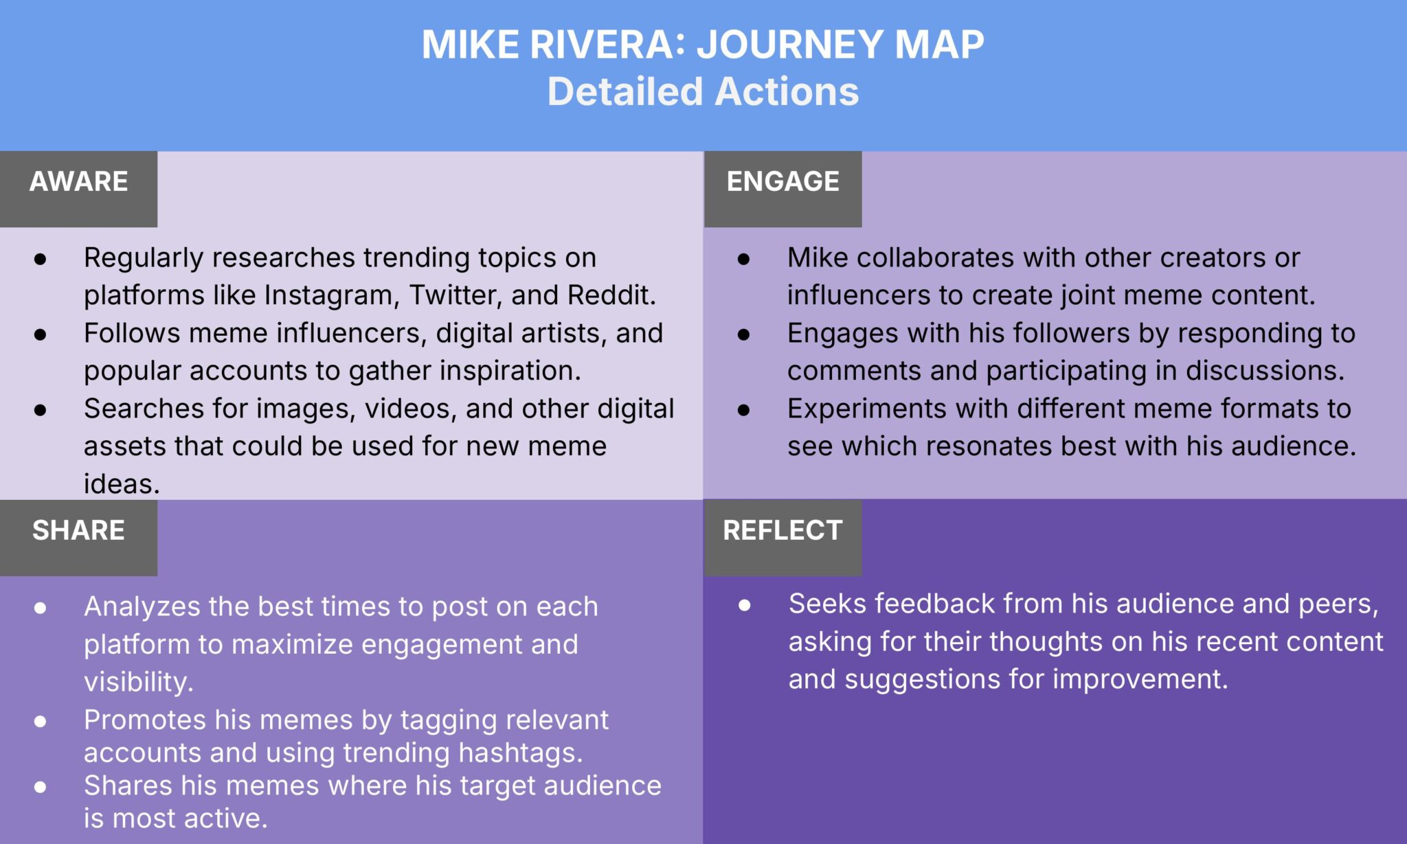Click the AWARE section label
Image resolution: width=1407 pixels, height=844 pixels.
78,182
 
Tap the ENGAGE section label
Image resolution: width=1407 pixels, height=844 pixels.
783,182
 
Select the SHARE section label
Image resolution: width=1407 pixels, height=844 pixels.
78,531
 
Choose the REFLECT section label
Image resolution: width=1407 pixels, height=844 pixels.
783,531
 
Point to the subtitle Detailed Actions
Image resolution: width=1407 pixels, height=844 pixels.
703,92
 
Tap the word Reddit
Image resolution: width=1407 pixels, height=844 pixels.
611,295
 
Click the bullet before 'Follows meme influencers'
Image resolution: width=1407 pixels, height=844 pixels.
41,334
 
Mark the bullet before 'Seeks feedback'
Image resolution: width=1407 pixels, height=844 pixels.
745,606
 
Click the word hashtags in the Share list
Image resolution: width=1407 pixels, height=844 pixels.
520,753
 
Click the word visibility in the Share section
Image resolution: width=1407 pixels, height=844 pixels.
138,683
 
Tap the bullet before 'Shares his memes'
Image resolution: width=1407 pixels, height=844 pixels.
41,787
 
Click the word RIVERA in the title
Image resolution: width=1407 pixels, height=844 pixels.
602,45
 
